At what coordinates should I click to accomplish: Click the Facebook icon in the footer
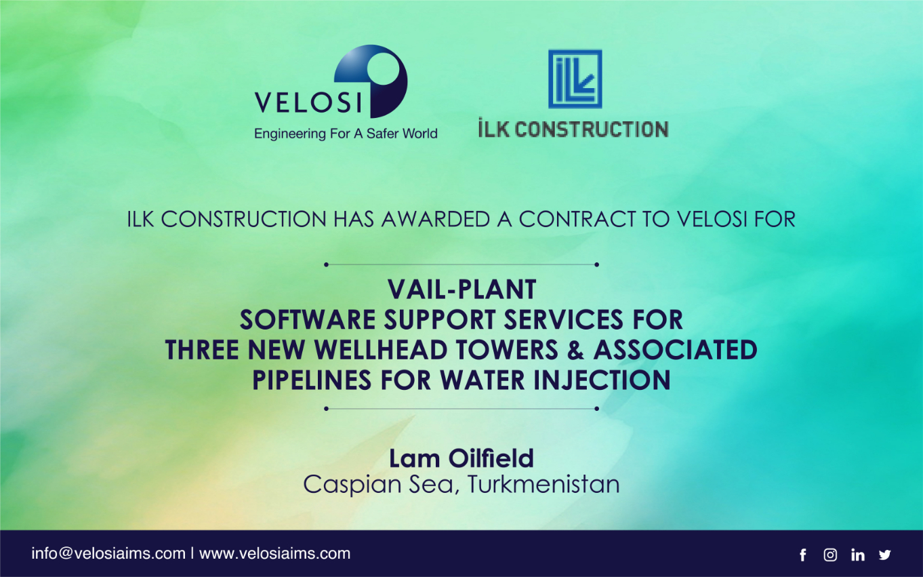pos(802,555)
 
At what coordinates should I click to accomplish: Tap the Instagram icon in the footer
pos(830,555)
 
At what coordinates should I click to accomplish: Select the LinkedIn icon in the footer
pos(857,555)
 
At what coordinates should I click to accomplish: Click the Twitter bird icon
pos(884,555)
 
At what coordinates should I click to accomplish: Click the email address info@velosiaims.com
pos(108,553)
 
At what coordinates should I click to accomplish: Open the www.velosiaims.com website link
pos(275,553)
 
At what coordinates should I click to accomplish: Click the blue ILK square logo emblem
pos(575,79)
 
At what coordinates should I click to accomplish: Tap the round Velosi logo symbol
pos(371,81)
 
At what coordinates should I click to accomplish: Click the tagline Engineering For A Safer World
pos(346,134)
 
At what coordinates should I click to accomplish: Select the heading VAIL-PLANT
pos(462,290)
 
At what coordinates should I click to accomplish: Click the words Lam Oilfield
pos(462,458)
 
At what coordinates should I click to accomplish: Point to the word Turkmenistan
pos(543,484)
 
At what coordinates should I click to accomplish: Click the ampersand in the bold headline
pos(575,350)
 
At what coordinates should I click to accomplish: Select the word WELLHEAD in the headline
pos(381,350)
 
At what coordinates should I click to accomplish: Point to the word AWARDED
pos(436,219)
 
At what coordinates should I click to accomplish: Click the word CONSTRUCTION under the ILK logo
pos(592,129)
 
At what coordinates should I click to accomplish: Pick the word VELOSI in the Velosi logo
pos(308,102)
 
